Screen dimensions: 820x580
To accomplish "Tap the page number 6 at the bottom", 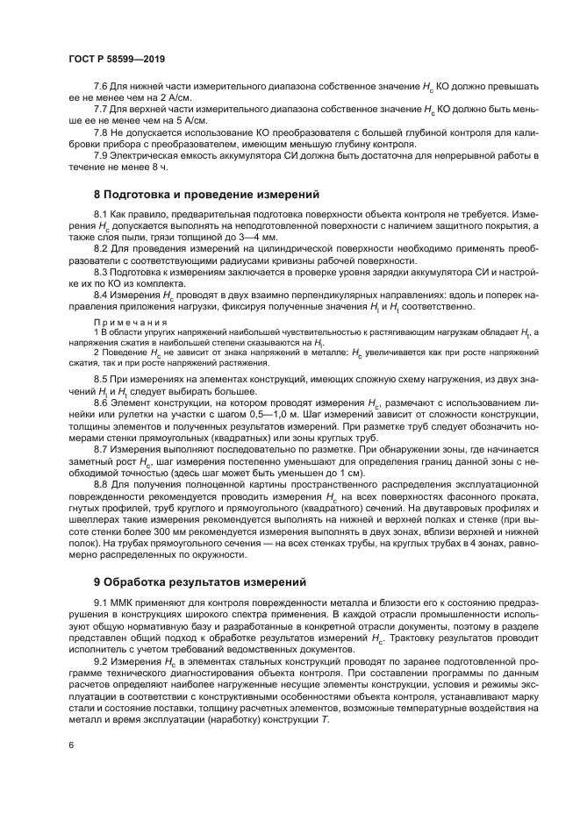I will pos(70,745).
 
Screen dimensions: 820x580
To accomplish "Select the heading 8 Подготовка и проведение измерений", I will pos(207,194).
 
